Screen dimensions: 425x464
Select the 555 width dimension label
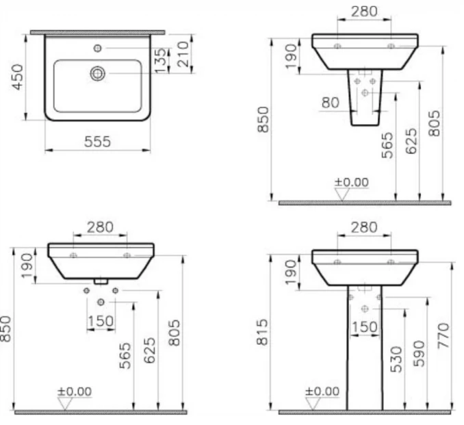[98, 142]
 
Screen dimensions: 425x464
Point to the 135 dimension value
[159, 60]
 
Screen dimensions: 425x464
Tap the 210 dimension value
[181, 53]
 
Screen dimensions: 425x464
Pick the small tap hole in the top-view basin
[98, 48]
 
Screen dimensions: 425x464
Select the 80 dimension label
[330, 103]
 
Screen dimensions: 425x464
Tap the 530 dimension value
[395, 359]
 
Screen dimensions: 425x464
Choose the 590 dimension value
[419, 353]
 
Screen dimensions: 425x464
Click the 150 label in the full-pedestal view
[364, 326]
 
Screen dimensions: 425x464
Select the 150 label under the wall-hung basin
[101, 321]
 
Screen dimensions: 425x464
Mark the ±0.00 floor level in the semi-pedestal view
[350, 182]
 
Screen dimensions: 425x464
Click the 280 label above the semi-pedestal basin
[363, 12]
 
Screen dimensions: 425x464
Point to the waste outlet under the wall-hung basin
[101, 281]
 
